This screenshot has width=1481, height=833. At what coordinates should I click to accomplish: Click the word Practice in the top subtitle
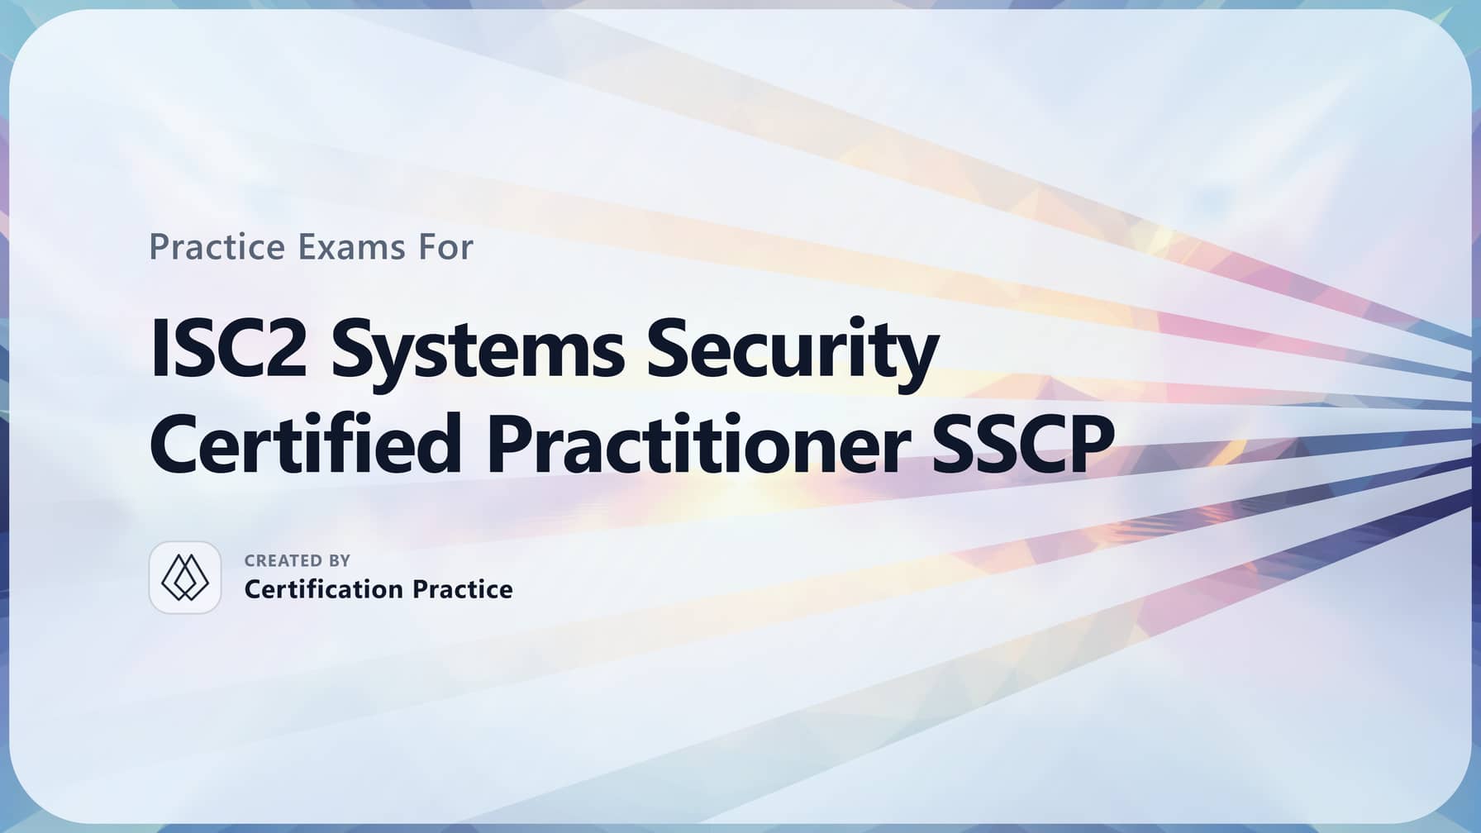click(217, 247)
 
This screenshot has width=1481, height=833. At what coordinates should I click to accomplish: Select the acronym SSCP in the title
click(1023, 444)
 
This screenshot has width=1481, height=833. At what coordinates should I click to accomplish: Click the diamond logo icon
click(185, 578)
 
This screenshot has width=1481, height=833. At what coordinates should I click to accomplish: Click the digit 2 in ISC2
click(284, 350)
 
